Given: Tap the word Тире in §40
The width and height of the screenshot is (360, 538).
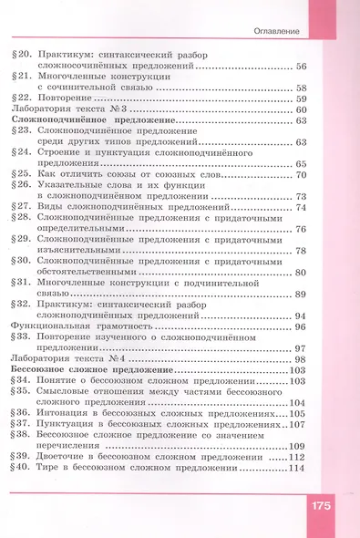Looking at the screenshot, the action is coord(51,468).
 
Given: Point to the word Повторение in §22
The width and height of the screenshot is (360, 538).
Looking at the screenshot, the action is coord(68,98).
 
